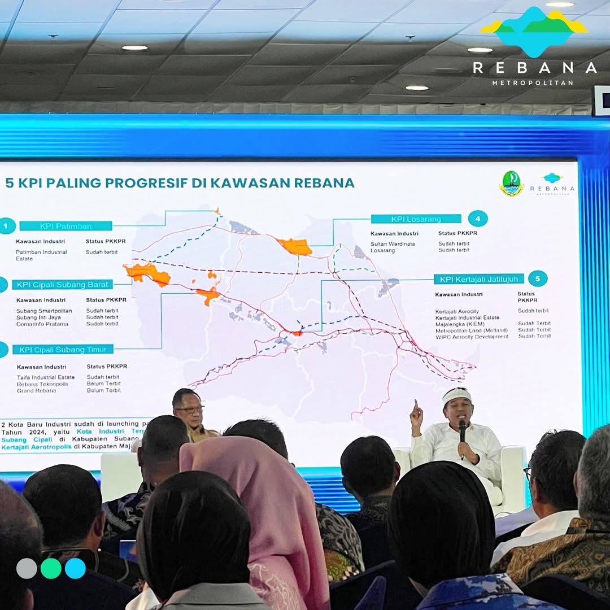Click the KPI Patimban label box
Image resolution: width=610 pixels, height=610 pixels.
point(66,226)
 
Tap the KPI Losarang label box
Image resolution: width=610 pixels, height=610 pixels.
point(416,219)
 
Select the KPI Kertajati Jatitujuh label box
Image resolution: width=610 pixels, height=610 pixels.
point(479,279)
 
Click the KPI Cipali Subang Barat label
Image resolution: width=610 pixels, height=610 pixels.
point(62,284)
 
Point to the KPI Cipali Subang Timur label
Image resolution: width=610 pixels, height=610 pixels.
point(63,350)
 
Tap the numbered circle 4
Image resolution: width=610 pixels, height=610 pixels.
point(478,219)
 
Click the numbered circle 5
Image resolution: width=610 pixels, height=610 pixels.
point(538,278)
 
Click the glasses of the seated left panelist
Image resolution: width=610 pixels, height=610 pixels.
point(190,409)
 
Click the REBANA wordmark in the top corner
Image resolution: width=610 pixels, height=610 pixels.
point(534,68)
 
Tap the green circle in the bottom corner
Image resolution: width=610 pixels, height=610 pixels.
point(51,568)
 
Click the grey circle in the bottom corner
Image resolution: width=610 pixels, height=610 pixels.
point(27,568)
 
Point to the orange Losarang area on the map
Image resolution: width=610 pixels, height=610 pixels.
point(295,247)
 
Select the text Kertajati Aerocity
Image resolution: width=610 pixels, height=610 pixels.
point(457,311)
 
